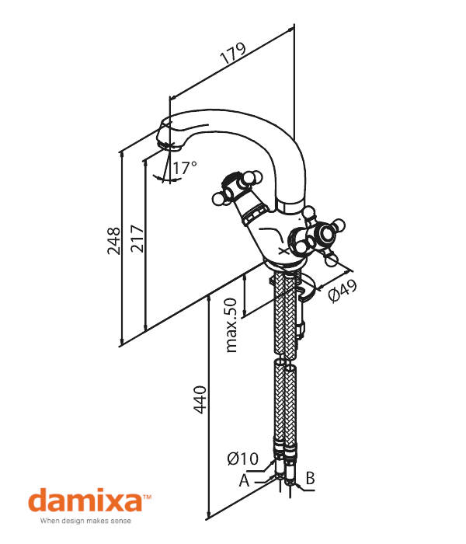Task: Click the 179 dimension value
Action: pos(234,53)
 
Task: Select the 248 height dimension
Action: pos(113,241)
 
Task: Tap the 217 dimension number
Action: pos(137,239)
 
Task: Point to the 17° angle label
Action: pos(185,168)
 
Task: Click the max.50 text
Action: pos(231,325)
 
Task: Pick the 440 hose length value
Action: pos(200,399)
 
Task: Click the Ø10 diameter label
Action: pos(243,459)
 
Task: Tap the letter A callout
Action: pos(244,480)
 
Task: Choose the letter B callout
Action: pos(310,478)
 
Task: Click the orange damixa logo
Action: pos(85,500)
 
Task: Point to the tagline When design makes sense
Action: pos(85,521)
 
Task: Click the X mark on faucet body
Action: pos(284,250)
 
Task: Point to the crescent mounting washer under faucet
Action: pos(308,291)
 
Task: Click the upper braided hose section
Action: pos(285,315)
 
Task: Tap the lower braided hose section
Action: pos(285,403)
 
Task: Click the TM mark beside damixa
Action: pos(147,497)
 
